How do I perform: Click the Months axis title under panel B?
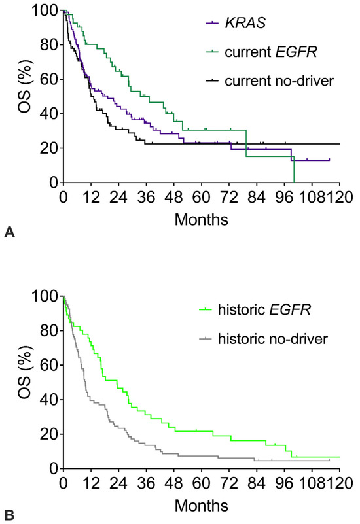click(202, 505)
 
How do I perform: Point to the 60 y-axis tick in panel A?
click(48, 80)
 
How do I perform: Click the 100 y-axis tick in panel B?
click(45, 296)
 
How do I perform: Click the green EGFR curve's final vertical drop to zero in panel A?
click(294, 170)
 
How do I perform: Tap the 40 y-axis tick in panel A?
click(48, 114)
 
